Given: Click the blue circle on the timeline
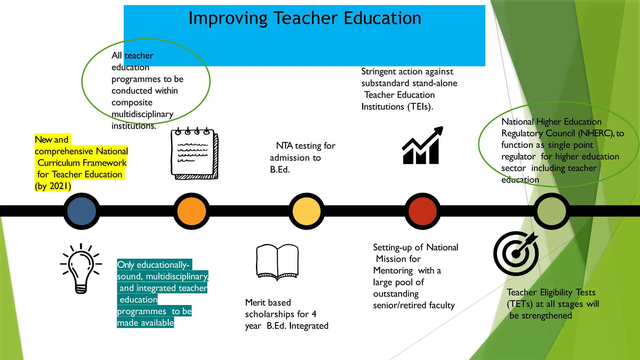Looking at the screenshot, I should click(82, 211).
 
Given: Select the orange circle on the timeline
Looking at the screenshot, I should click(192, 211).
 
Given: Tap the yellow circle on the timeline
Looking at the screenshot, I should click(307, 211).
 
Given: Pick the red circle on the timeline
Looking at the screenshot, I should click(422, 211).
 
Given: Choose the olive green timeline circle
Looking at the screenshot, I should click(552, 211).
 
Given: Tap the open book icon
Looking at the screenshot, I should click(277, 262).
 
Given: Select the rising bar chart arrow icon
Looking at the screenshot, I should click(422, 146).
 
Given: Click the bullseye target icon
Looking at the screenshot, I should click(516, 253).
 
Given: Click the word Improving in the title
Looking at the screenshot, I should click(228, 18).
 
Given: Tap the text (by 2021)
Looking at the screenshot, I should click(53, 186).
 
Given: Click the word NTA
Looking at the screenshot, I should click(284, 146).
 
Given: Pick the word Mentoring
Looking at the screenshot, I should click(393, 271).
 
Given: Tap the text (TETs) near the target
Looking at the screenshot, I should click(520, 304).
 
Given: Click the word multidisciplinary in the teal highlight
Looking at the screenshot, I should click(177, 277).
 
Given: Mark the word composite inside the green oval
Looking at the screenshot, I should click(132, 102).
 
